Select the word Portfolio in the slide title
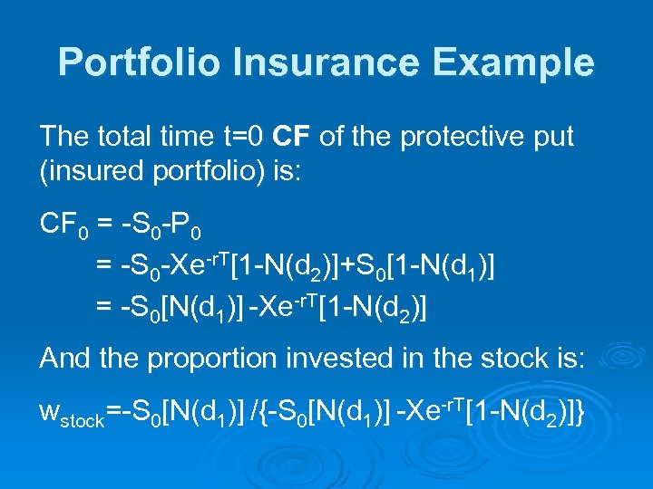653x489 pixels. pyautogui.click(x=138, y=63)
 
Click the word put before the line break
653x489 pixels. pyautogui.click(x=552, y=138)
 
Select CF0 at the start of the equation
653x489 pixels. pyautogui.click(x=62, y=224)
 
